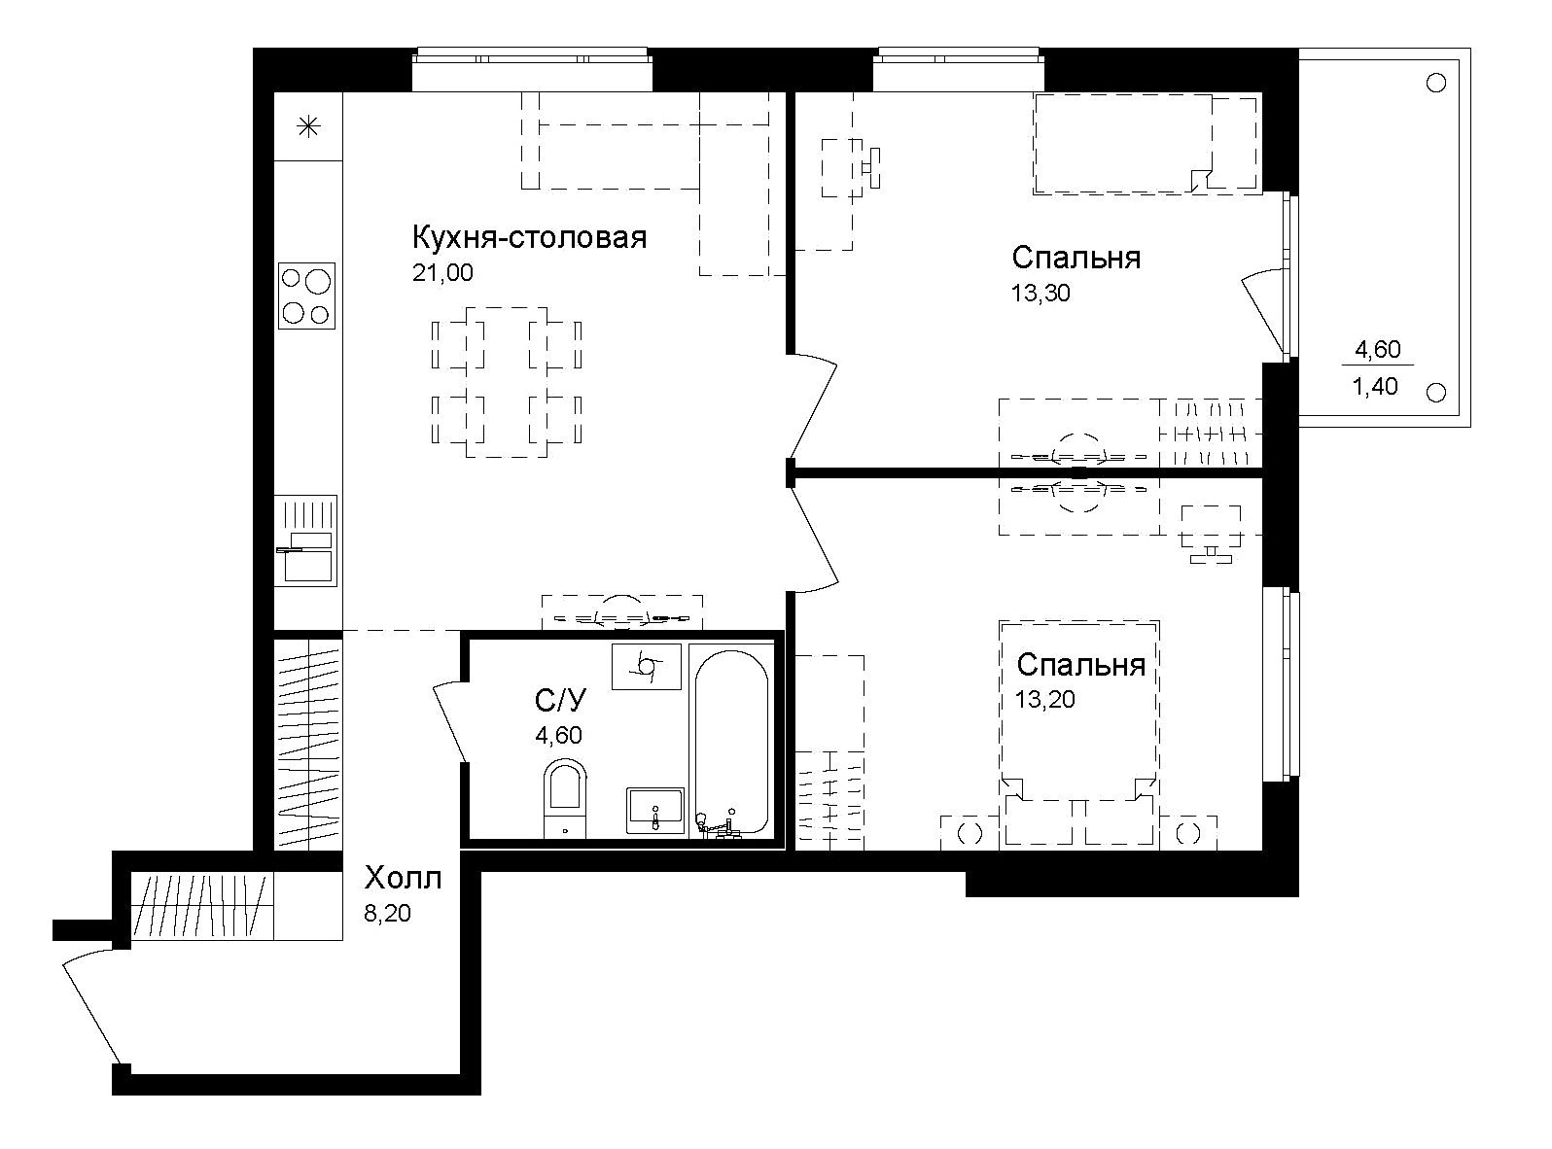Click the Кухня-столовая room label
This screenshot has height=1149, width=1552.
click(x=530, y=237)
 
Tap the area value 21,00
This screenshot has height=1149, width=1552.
click(x=442, y=273)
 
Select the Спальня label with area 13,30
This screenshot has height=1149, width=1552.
click(x=1076, y=258)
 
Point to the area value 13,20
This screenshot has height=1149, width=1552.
click(x=1045, y=699)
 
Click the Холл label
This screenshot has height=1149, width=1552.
click(x=403, y=879)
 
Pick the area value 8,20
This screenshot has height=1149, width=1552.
click(x=387, y=914)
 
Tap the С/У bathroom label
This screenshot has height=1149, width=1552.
click(x=561, y=700)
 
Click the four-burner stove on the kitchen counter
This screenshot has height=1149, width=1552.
click(x=306, y=296)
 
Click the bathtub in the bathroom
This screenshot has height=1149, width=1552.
click(x=731, y=739)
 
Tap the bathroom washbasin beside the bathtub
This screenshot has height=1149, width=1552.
click(x=655, y=810)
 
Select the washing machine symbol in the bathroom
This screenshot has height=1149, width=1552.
click(x=647, y=666)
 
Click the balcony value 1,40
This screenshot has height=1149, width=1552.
click(x=1376, y=386)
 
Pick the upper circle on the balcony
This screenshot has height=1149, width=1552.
click(x=1435, y=83)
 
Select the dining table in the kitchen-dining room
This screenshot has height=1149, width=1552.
click(x=507, y=383)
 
